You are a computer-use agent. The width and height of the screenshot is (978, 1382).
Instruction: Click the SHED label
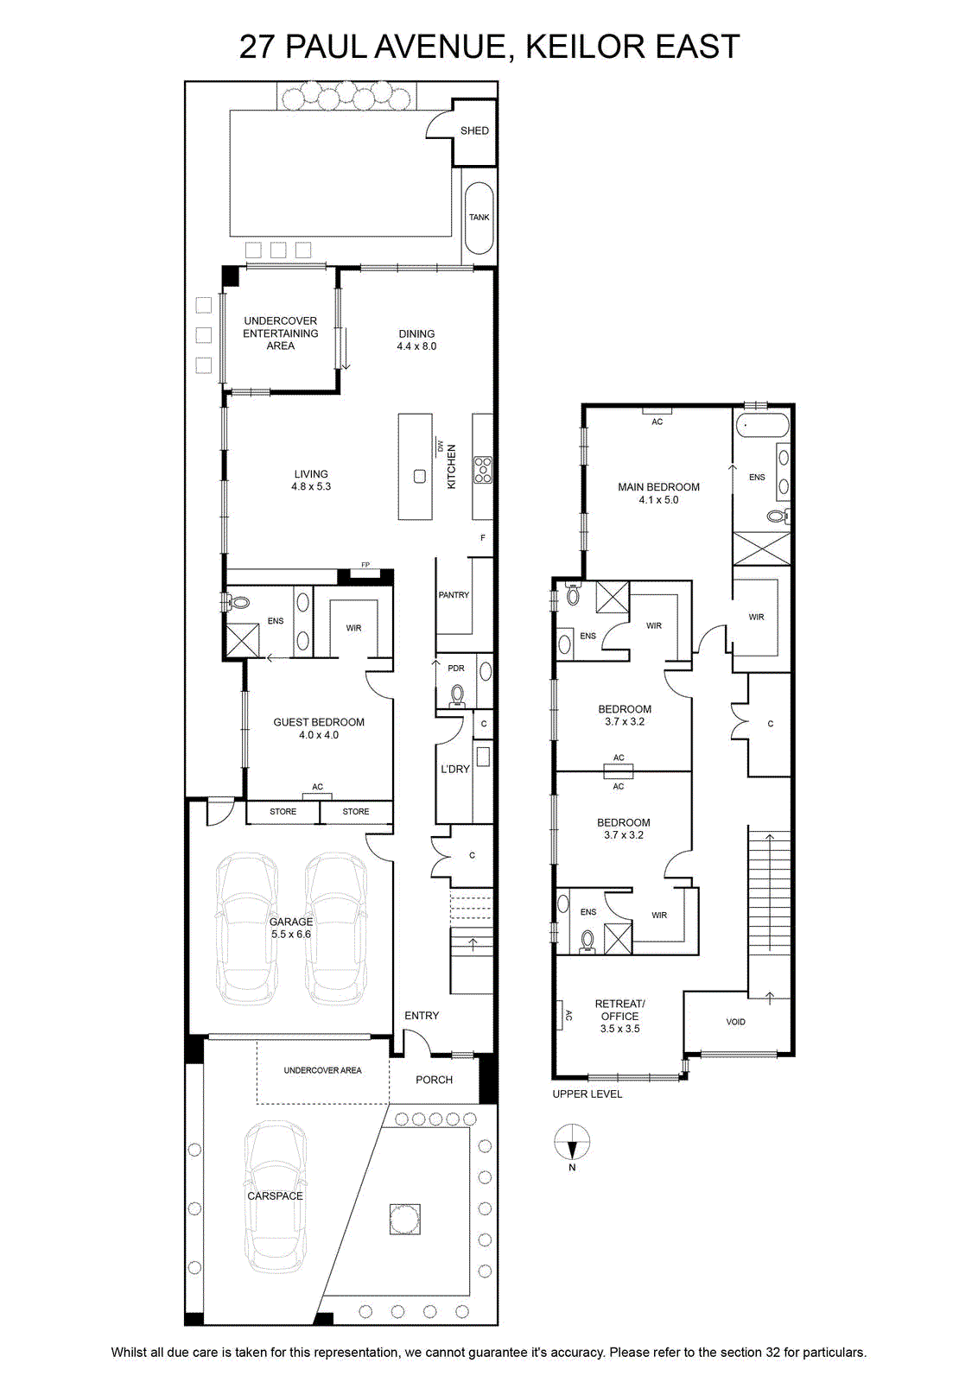click(x=474, y=130)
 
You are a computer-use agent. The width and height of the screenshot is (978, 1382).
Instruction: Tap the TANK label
click(x=479, y=217)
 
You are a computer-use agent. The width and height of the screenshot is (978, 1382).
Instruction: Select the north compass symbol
click(x=572, y=1141)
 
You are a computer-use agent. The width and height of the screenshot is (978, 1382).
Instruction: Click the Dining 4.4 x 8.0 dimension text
click(x=416, y=346)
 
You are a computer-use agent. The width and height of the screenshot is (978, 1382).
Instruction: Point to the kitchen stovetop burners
click(x=483, y=470)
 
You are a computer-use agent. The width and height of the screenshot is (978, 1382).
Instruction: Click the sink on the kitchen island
click(x=420, y=476)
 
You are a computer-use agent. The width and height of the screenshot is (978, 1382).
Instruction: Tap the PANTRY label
click(x=454, y=595)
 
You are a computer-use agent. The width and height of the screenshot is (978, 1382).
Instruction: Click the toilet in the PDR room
click(x=457, y=694)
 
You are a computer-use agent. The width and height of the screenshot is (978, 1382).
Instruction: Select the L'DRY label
click(x=454, y=769)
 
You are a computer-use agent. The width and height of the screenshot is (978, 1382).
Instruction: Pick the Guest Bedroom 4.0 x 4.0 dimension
click(x=319, y=735)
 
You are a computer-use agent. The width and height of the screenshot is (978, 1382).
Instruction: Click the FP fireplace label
click(x=365, y=565)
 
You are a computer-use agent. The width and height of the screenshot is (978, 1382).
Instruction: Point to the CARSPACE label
click(x=276, y=1195)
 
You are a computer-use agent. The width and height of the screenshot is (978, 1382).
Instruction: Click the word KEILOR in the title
click(x=577, y=47)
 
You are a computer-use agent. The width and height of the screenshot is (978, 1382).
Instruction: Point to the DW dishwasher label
click(x=440, y=446)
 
